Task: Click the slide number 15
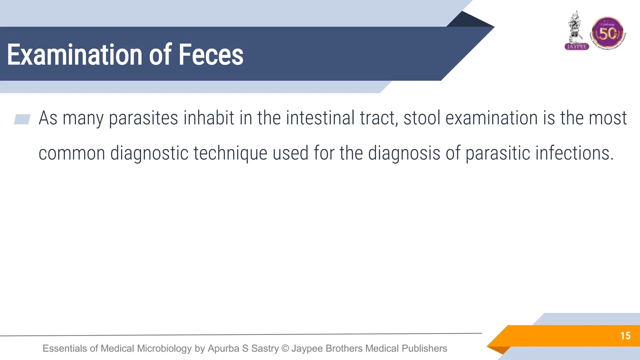625,336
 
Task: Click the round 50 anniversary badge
607,33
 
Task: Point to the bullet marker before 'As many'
22,119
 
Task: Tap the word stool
422,118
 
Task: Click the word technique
230,153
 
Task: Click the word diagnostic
149,153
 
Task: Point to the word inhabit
209,118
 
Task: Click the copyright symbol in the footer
285,348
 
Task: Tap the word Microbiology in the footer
164,348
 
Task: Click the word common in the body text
72,153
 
